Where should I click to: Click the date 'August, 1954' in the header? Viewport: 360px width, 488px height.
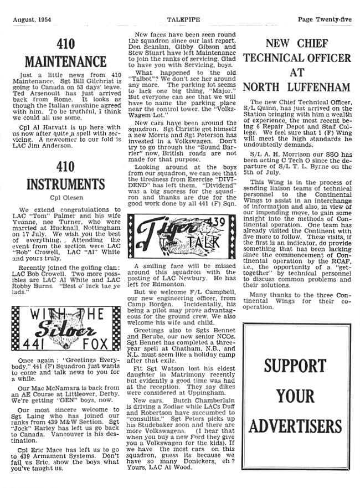point(34,20)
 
